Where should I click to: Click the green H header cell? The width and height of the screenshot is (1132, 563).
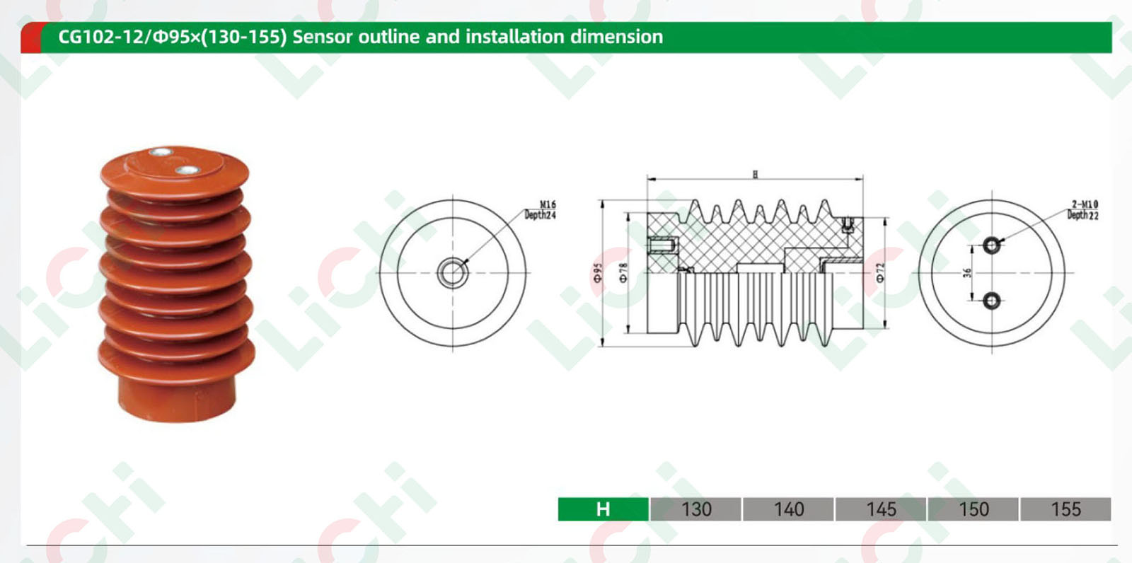603,509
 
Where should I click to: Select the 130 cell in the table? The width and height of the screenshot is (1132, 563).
696,509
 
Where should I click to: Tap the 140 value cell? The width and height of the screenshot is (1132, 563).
788,509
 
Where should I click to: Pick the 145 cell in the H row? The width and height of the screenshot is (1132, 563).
881,509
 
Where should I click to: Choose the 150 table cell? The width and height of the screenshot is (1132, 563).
974,509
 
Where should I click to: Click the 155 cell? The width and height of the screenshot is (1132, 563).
1065,509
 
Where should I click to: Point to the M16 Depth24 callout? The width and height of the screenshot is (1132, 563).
541,210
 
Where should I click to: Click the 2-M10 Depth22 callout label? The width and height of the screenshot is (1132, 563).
1083,210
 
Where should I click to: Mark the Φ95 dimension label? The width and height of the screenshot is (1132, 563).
598,273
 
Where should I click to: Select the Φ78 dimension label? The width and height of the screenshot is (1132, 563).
623,273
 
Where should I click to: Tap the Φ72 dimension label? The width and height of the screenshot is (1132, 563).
880,273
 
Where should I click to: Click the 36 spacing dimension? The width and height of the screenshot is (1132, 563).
967,273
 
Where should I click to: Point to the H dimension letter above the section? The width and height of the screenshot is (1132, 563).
755,174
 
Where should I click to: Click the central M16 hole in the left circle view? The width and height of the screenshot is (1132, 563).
452,272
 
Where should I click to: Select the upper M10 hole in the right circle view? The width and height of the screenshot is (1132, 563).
992,245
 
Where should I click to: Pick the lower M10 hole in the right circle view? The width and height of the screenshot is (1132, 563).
992,301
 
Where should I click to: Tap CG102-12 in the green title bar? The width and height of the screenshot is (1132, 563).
100,37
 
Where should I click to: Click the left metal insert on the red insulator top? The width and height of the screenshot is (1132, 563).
161,152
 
